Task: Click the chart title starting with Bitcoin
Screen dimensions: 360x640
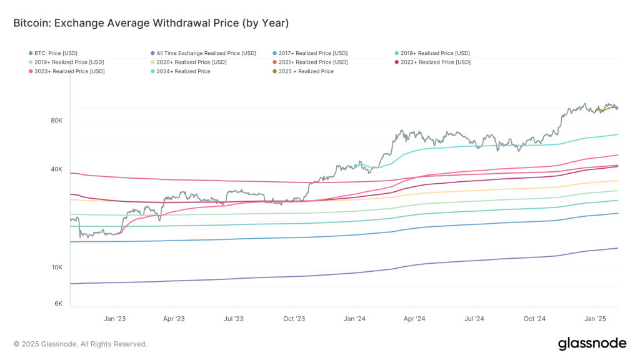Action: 151,23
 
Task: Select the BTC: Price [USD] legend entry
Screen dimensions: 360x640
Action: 56,53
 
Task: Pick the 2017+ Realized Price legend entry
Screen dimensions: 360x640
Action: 313,53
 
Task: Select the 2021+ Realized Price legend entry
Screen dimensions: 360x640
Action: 313,62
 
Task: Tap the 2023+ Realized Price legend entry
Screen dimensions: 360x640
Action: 69,72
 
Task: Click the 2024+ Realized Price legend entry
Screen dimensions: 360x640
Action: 184,72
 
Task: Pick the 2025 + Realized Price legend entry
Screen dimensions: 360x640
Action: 307,72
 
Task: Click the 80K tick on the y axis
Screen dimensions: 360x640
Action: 56,121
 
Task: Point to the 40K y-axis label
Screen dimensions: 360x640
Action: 56,169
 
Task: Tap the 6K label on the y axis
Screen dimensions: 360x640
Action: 58,304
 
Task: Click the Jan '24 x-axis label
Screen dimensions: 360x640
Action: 354,319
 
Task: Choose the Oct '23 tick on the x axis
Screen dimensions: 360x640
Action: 294,319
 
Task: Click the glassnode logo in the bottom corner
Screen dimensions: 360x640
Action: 591,343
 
